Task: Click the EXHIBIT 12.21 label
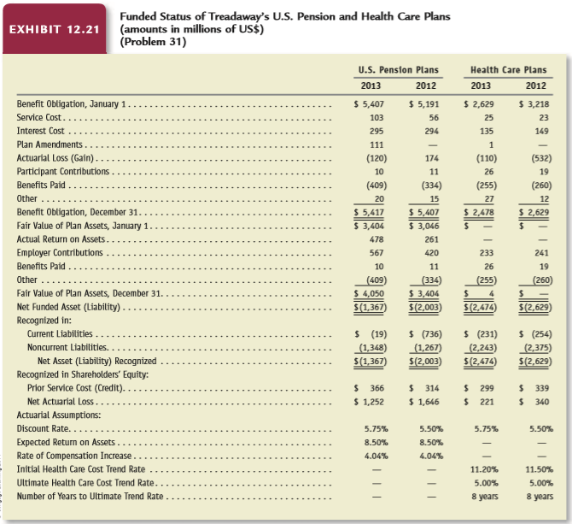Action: tap(54, 30)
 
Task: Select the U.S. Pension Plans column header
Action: tap(398, 70)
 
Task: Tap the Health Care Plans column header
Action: tap(508, 70)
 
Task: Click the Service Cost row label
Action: tap(39, 117)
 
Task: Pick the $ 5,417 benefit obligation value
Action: tap(369, 212)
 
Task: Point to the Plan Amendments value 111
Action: tap(376, 144)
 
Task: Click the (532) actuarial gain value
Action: tap(541, 158)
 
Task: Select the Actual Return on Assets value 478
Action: tap(376, 239)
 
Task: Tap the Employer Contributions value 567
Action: tap(376, 253)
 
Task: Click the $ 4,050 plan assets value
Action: tap(369, 293)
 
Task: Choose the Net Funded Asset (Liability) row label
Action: tap(68, 307)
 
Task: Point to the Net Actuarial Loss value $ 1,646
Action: tap(424, 402)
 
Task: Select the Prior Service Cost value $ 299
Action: tap(479, 388)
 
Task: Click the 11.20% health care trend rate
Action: tap(484, 469)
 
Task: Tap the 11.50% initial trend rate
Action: tap(540, 469)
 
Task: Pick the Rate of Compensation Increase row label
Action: tap(74, 456)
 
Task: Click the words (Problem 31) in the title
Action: tap(153, 42)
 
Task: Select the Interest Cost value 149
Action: tap(542, 131)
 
